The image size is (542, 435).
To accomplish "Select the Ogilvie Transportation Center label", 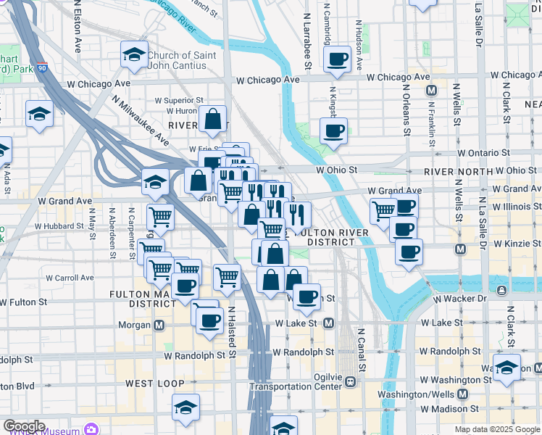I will pos(296,382).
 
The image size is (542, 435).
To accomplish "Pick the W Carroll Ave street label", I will pos(70,277).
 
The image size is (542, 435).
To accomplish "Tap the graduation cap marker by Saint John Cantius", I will pos(134,54).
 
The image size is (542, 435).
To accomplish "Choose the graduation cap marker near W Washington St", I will pos(506,365).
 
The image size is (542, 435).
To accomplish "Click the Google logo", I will pos(24,426).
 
